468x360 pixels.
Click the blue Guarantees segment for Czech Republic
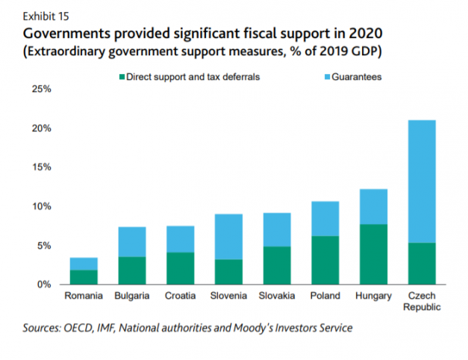tap(422, 181)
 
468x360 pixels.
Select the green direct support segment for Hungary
tap(373, 254)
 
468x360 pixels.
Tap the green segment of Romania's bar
tap(83, 277)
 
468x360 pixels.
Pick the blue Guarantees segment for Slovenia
tap(228, 237)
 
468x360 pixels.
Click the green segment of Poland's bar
tap(325, 260)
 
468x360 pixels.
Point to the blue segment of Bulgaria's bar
tap(131, 242)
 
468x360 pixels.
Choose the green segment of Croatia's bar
tap(180, 268)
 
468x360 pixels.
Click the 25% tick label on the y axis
tap(42, 90)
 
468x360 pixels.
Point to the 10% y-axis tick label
tap(42, 206)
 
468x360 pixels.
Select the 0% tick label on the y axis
tap(45, 285)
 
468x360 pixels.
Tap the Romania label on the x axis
tap(83, 296)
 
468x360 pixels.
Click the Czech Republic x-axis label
tap(422, 301)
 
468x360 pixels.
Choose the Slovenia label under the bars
tap(228, 296)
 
